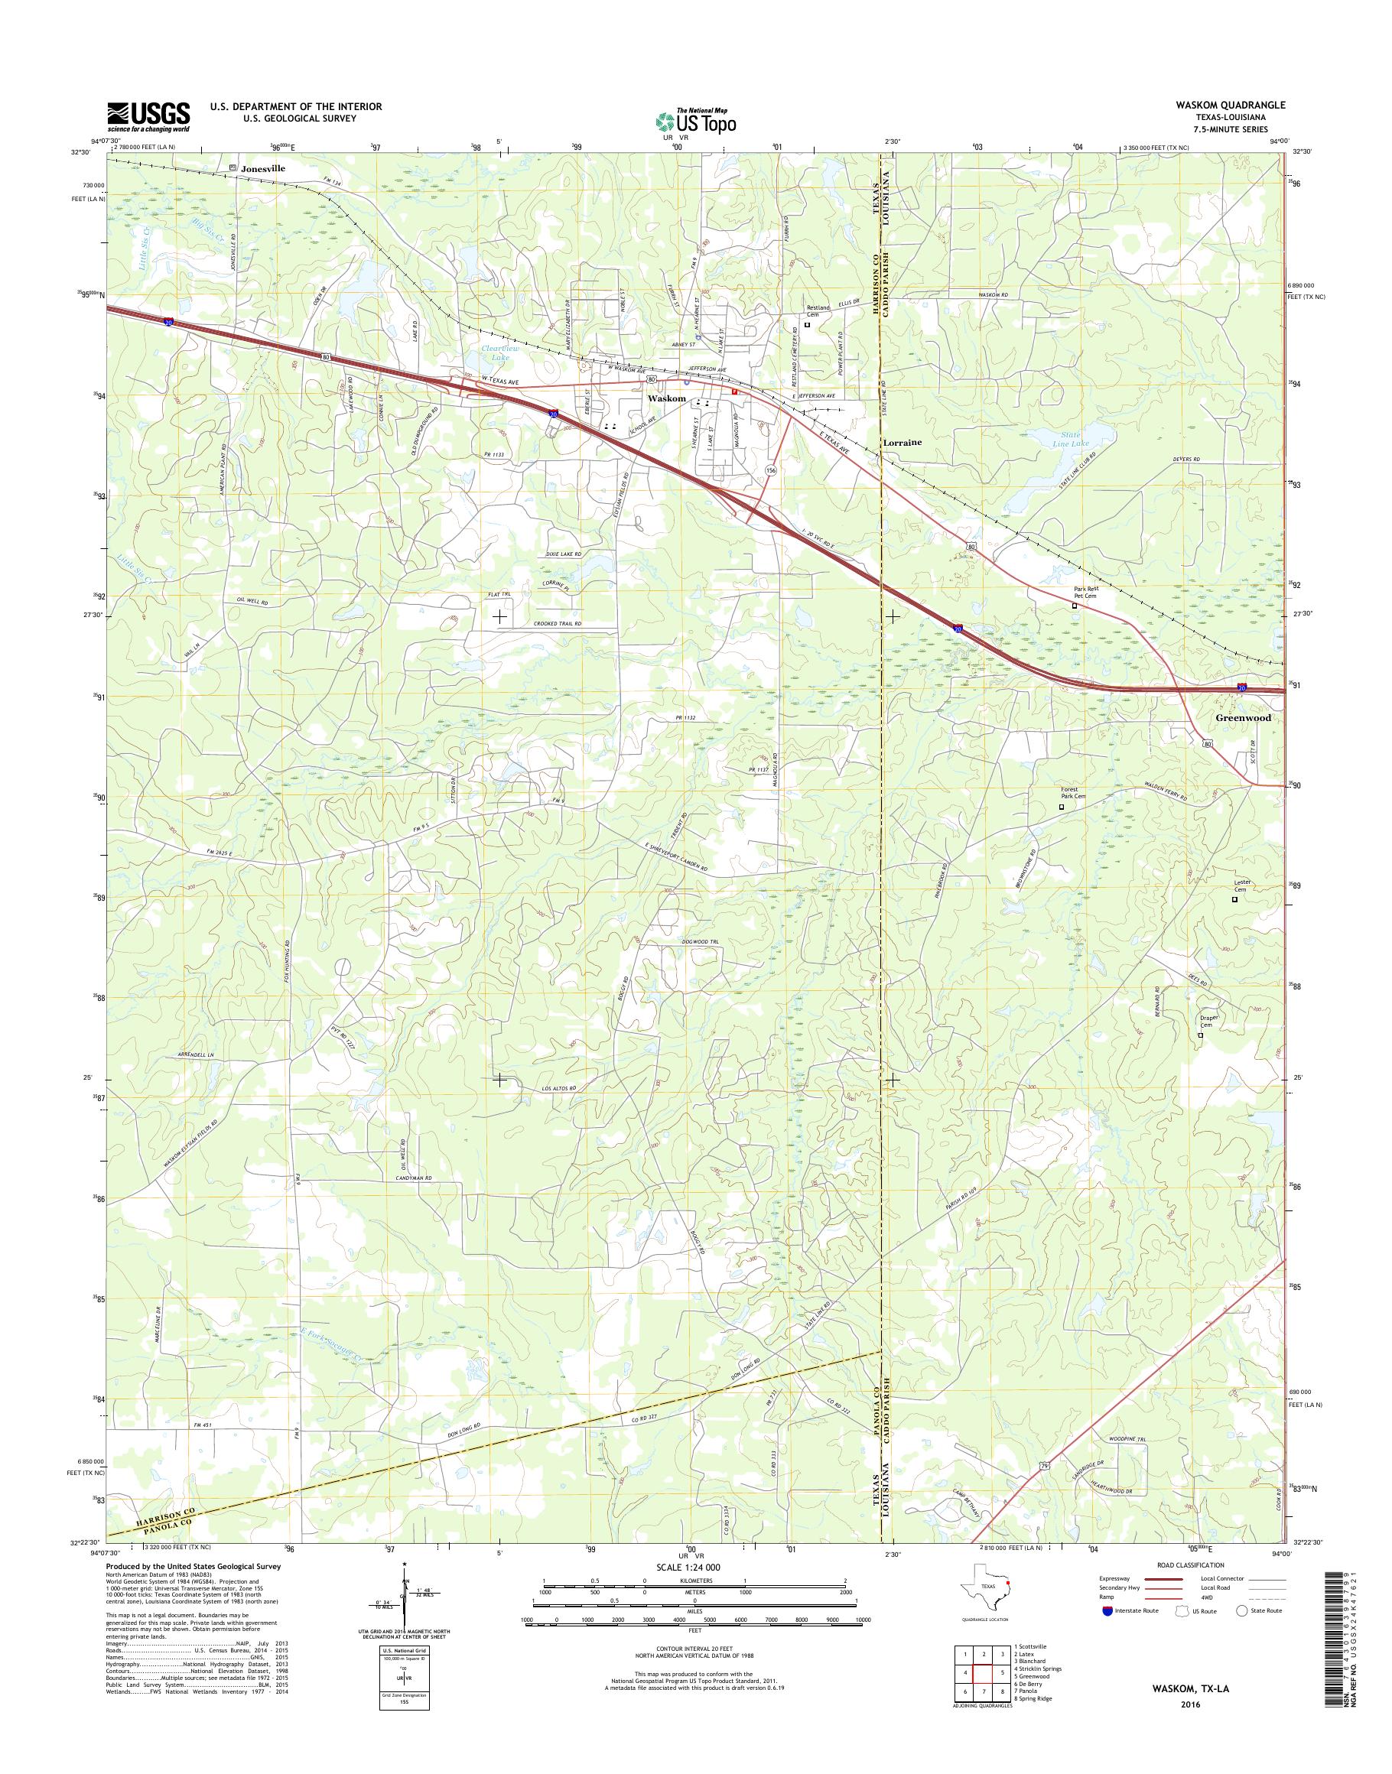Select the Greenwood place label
[1242, 719]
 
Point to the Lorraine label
[903, 442]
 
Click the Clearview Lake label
[495, 353]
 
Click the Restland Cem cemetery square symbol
[807, 324]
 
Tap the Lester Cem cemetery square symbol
[1233, 900]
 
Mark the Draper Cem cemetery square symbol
[1200, 1035]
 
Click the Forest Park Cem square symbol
[1060, 806]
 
